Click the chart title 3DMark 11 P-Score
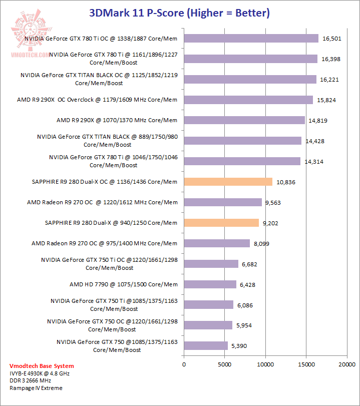179,13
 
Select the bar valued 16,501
251,39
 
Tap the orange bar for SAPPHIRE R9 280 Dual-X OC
228,182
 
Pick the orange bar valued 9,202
221,223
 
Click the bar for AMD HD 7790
210,284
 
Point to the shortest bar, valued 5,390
206,345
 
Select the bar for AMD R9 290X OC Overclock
248,100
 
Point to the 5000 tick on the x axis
224,364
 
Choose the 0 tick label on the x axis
184,364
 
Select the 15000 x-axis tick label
306,364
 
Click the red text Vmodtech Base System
42,366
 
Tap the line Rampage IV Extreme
36,388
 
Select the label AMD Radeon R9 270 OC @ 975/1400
104,243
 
